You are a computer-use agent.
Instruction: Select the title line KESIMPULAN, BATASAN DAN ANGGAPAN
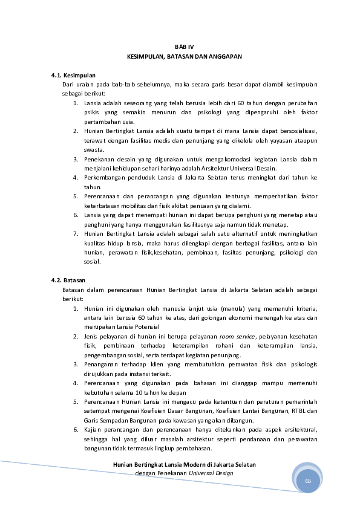point(184,56)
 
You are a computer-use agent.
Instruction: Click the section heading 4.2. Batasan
point(68,280)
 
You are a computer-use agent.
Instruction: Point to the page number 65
point(308,481)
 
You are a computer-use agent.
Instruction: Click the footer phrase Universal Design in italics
point(211,473)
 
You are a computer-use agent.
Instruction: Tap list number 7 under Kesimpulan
point(76,233)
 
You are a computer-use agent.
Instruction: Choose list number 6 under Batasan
point(76,429)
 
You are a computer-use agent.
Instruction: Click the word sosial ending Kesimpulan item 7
point(93,262)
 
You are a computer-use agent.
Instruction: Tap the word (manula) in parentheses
point(235,308)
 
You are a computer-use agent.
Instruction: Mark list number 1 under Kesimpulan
point(76,103)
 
